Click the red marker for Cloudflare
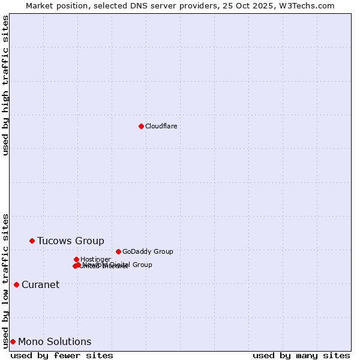click(x=141, y=126)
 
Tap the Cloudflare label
click(x=161, y=126)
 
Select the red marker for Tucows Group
click(x=32, y=241)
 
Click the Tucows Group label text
click(x=70, y=241)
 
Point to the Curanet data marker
click(x=16, y=284)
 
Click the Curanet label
click(x=40, y=285)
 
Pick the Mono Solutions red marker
click(x=13, y=341)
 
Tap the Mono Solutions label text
click(x=55, y=342)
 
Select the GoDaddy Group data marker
click(x=118, y=251)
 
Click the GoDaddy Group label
click(x=148, y=251)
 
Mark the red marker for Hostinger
click(x=76, y=259)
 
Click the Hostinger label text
click(x=95, y=259)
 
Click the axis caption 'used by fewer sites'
click(x=62, y=355)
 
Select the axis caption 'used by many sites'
click(x=301, y=355)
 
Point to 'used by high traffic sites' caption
click(x=6, y=85)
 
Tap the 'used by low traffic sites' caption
click(x=6, y=280)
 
